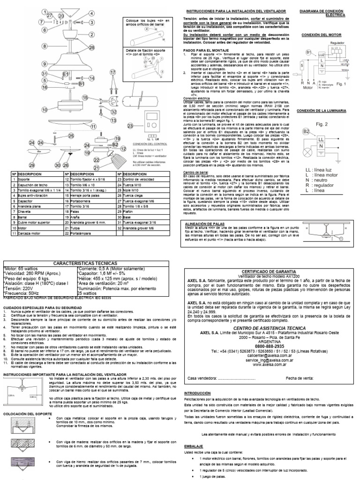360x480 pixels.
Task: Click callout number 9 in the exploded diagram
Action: click(45, 64)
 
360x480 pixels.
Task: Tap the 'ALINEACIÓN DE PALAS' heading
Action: click(206, 224)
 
